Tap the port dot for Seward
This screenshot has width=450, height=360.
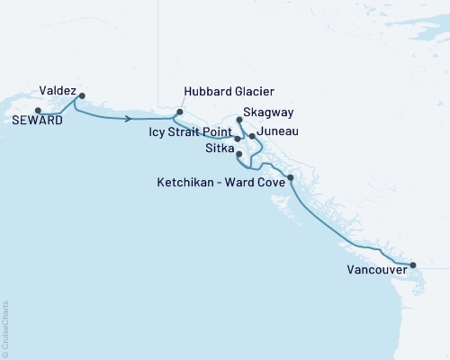37,111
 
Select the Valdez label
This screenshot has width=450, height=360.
58,90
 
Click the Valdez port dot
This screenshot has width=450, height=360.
82,95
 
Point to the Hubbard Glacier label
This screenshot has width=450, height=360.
229,92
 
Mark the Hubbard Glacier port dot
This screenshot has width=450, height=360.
179,112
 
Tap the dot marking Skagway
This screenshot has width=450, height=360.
238,119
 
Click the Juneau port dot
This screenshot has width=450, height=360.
252,136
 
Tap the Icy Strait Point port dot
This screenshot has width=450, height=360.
238,139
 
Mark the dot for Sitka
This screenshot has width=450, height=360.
238,154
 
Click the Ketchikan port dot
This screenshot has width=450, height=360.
290,178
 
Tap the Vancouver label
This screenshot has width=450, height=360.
375,269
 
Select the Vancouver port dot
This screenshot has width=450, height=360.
413,265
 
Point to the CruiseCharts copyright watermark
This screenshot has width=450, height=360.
5,329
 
